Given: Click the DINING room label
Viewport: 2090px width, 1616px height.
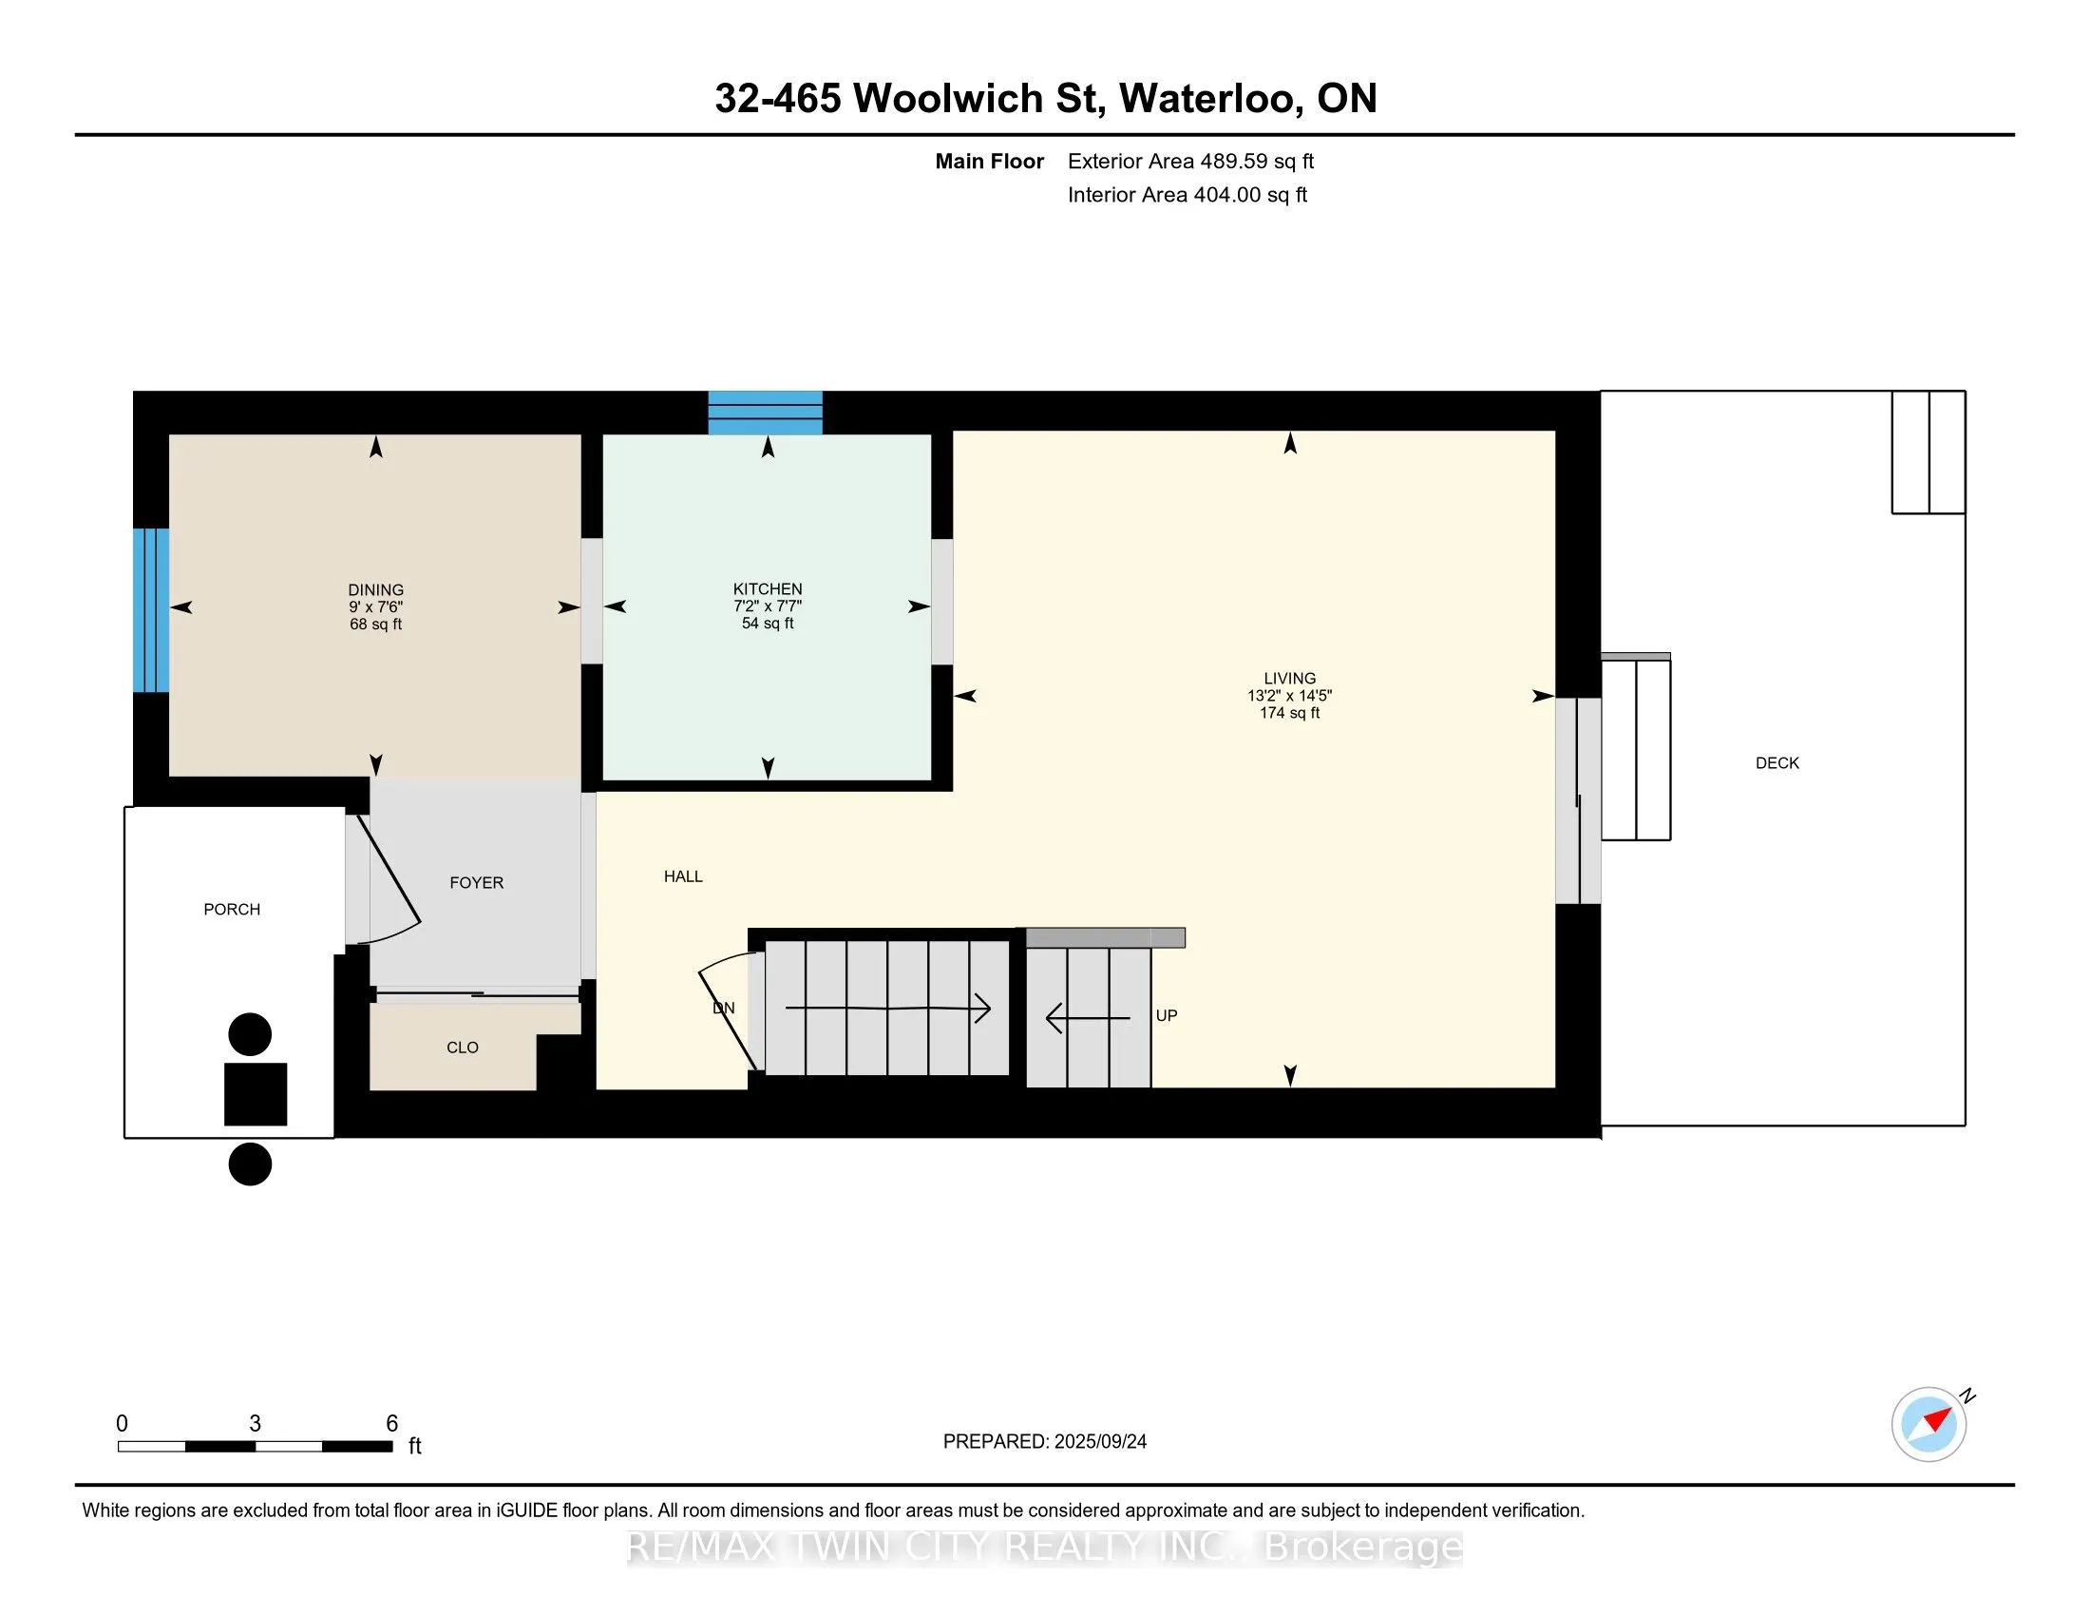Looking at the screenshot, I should pyautogui.click(x=375, y=589).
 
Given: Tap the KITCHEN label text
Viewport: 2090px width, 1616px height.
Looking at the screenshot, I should pyautogui.click(x=768, y=588).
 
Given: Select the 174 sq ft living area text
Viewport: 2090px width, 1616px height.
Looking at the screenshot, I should pyautogui.click(x=1289, y=713).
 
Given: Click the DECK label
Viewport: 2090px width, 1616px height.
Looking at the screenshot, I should pyautogui.click(x=1777, y=763).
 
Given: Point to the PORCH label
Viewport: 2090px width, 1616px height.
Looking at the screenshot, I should pyautogui.click(x=232, y=910).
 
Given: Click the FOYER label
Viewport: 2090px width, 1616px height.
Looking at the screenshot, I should pyautogui.click(x=477, y=883).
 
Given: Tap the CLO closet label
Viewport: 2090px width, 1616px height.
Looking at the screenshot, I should pyautogui.click(x=463, y=1048).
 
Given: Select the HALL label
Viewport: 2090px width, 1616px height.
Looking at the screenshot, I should pyautogui.click(x=683, y=876).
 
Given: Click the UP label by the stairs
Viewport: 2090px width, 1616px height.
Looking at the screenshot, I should pyautogui.click(x=1166, y=1016).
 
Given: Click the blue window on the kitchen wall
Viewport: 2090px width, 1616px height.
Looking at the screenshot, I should pyautogui.click(x=765, y=413).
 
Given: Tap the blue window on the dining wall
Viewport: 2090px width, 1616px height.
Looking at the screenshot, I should pyautogui.click(x=151, y=610).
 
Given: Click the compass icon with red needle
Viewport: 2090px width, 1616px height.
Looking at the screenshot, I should pyautogui.click(x=1928, y=1424).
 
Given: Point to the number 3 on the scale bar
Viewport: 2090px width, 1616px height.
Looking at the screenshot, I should pyautogui.click(x=255, y=1424).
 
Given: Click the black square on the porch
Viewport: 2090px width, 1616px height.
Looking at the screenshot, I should pyautogui.click(x=256, y=1093).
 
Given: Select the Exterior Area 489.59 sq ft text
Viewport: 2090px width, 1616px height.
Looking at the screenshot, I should pyautogui.click(x=1190, y=162).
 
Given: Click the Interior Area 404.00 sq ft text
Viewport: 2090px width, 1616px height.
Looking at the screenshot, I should pyautogui.click(x=1187, y=195).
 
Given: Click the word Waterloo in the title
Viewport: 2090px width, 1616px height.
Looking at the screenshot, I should pyautogui.click(x=1209, y=99).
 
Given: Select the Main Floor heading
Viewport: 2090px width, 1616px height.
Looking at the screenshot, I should pyautogui.click(x=989, y=162).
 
